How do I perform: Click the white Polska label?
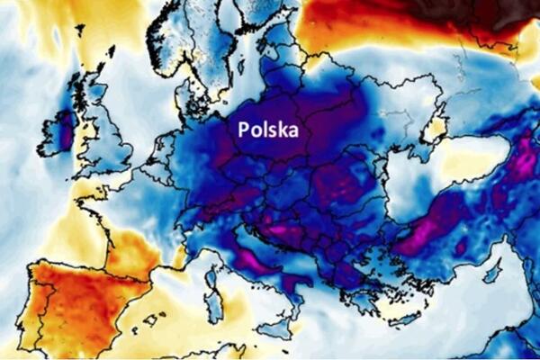click(268, 130)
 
